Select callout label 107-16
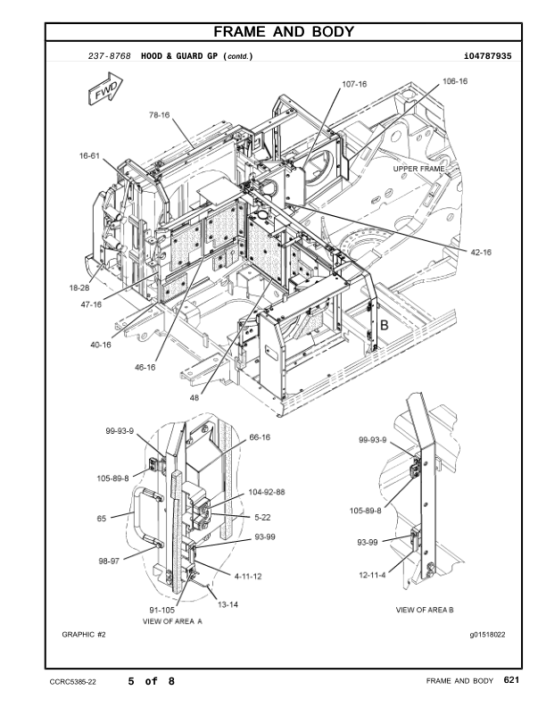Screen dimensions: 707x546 pos(354,84)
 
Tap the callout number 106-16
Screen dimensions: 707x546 pos(454,81)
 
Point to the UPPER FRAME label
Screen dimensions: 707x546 pos(418,168)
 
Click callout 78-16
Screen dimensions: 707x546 pos(159,115)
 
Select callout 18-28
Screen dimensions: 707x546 pos(80,287)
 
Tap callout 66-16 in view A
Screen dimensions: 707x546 pos(261,437)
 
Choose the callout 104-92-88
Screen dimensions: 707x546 pos(267,492)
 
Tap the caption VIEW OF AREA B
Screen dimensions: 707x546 pos(425,610)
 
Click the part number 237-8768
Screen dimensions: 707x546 pos(109,55)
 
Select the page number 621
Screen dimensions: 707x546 pos(510,681)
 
